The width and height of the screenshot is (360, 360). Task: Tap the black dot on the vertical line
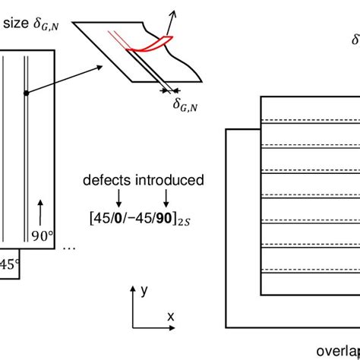26,93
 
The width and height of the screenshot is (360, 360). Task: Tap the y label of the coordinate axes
144,290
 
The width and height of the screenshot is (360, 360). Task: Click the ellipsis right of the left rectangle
68,247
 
